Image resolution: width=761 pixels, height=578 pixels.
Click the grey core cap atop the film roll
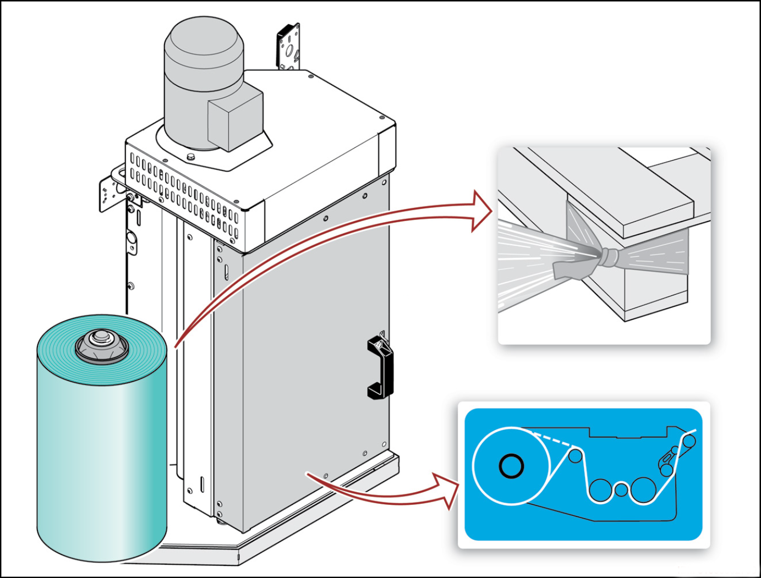(x=101, y=343)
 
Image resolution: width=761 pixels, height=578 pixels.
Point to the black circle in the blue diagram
(x=511, y=466)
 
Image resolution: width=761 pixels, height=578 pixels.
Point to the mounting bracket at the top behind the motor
(x=289, y=46)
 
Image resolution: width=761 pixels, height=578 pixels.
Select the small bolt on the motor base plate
(x=191, y=158)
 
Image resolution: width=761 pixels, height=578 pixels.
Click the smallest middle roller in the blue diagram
(x=621, y=489)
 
